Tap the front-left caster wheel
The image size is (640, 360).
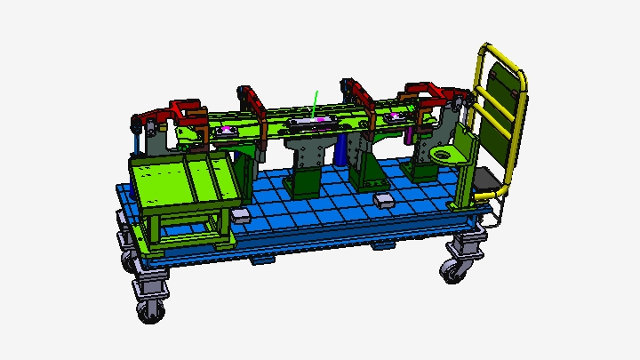[x=149, y=308]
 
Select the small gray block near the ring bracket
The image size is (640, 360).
[x=384, y=201]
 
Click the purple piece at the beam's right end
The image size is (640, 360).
[x=409, y=133]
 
